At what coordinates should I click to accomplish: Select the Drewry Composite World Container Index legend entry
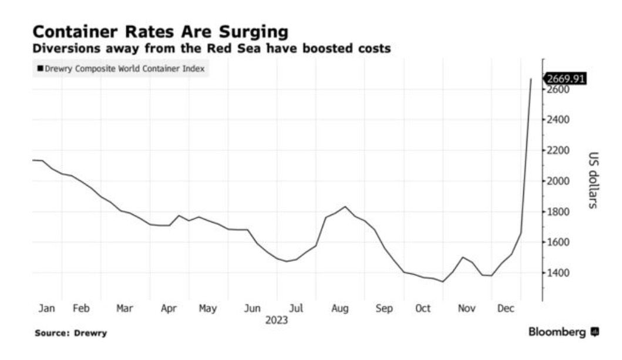120,69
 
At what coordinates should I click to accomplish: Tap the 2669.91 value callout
566,78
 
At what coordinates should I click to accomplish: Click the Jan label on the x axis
46,308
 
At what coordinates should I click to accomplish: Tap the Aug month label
339,308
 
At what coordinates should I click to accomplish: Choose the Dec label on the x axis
506,308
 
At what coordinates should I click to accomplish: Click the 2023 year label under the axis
277,321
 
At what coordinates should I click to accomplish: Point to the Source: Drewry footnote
70,333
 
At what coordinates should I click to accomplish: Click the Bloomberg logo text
557,332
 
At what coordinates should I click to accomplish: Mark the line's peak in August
346,207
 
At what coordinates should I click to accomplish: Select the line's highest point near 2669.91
531,79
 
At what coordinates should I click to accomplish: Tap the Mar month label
125,308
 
